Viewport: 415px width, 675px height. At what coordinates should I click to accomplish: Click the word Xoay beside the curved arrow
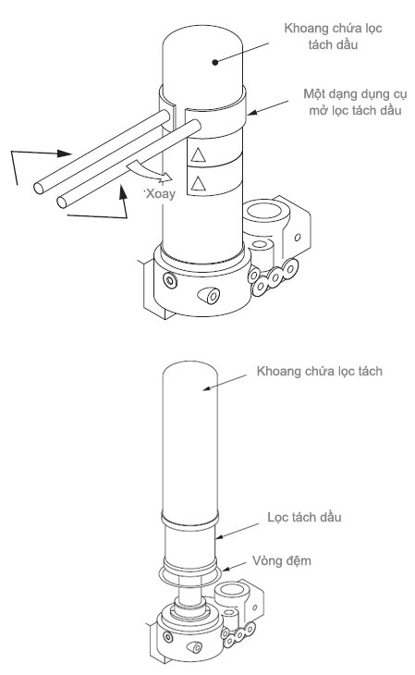point(161,194)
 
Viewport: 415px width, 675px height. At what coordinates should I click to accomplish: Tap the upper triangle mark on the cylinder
point(198,154)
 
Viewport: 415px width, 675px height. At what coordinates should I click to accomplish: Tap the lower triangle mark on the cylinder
point(198,183)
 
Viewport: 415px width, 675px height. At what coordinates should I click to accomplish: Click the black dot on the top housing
point(215,62)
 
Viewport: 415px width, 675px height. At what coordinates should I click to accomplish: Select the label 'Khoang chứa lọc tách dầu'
point(334,36)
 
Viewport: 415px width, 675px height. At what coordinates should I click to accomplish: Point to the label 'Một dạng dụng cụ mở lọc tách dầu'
point(355,102)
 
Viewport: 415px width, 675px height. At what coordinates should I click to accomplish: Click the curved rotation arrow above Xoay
point(149,170)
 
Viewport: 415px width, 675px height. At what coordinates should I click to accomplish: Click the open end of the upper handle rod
point(39,188)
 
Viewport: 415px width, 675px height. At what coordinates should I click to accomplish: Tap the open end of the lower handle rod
point(62,202)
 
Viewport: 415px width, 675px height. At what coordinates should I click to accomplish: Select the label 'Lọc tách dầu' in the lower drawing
point(304,517)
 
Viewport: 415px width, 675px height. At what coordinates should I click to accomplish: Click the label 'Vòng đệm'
point(282,561)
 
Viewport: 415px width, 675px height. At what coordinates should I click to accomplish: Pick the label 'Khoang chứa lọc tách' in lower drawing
point(320,371)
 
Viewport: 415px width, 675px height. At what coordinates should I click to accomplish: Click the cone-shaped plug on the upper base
point(209,295)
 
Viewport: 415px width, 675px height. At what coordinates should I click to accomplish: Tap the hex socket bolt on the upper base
point(171,281)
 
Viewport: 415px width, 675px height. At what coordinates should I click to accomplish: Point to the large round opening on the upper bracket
point(262,211)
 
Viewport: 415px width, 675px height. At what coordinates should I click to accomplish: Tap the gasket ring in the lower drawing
point(190,574)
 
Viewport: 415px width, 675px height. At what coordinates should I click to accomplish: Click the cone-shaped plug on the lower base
point(194,647)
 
